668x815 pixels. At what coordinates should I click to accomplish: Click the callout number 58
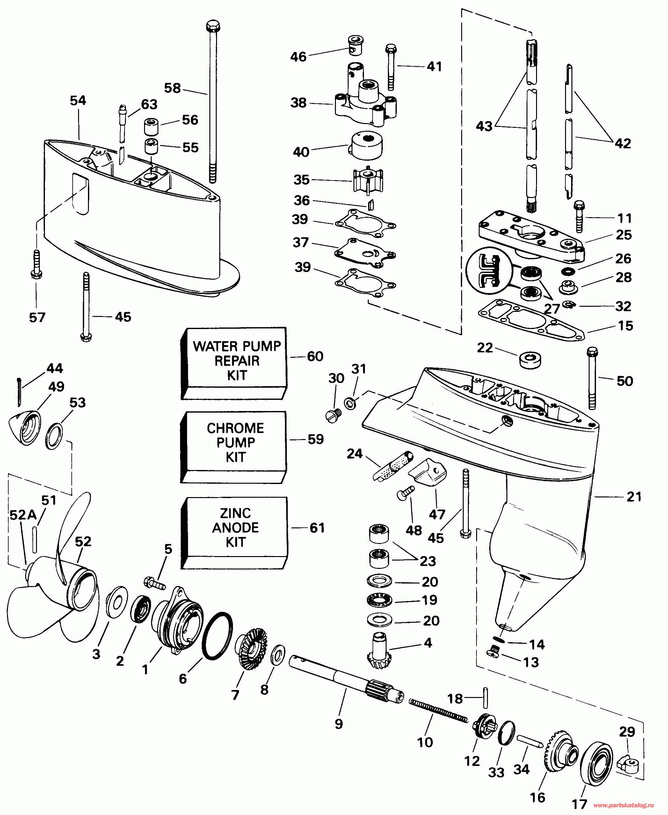pos(172,88)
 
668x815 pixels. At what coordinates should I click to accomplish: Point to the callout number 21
pos(634,497)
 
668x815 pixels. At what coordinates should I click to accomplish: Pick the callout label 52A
pos(23,515)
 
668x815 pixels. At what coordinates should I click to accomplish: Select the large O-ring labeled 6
pos(217,635)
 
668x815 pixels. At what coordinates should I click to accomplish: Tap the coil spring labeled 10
pos(438,710)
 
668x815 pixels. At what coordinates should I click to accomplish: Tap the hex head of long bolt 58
pos(213,27)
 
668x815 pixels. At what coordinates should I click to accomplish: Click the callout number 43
pos(484,126)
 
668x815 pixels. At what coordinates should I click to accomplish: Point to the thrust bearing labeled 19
pos(379,600)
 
